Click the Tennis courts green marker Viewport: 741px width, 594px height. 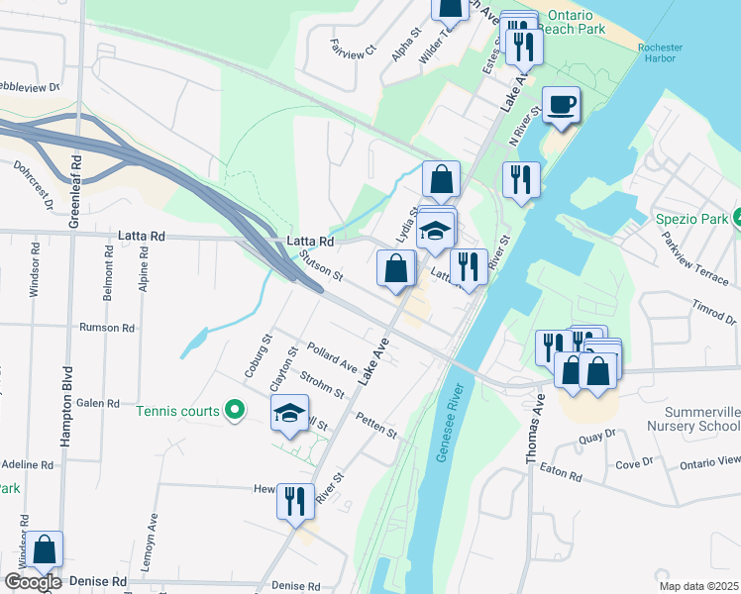coord(235,408)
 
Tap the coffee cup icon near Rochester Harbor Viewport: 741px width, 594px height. coord(561,104)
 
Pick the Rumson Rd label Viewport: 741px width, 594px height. coord(107,328)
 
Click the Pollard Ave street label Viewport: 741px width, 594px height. coord(331,355)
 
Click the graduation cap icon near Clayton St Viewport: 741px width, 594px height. coord(290,412)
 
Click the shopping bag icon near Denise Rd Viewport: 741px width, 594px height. coord(45,548)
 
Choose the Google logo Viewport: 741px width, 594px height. coord(33,582)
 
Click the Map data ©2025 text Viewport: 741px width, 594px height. coord(697,586)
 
